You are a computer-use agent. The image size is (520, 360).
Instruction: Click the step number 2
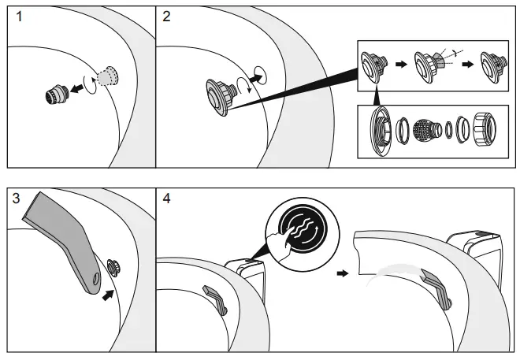pyautogui.click(x=166, y=18)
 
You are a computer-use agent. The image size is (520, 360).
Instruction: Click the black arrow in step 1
pyautogui.click(x=77, y=89)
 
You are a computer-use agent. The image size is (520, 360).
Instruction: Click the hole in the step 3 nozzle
pyautogui.click(x=95, y=277)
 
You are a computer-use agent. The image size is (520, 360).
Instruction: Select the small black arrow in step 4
pyautogui.click(x=340, y=275)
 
